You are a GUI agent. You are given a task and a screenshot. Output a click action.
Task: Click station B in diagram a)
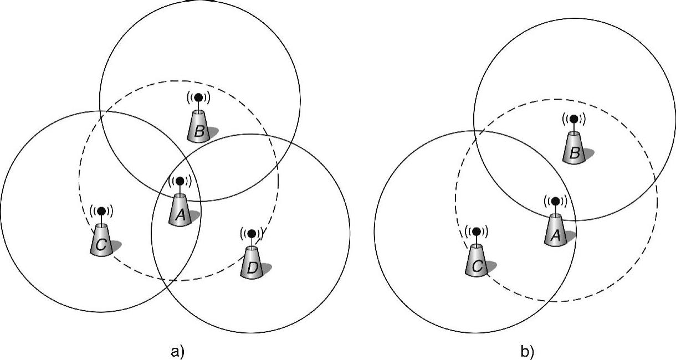pyautogui.click(x=198, y=125)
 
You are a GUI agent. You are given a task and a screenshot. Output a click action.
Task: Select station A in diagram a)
pyautogui.click(x=180, y=210)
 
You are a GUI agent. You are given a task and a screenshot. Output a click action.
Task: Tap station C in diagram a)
pyautogui.click(x=101, y=239)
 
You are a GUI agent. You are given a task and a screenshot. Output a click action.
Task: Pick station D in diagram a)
pyautogui.click(x=252, y=263)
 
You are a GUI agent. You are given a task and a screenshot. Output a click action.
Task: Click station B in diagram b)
pyautogui.click(x=573, y=147)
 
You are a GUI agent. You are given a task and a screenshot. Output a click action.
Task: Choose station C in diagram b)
pyautogui.click(x=475, y=259)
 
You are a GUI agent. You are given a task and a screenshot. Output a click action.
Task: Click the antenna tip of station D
pyautogui.click(x=252, y=234)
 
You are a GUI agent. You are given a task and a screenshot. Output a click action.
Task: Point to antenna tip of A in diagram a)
pyautogui.click(x=180, y=181)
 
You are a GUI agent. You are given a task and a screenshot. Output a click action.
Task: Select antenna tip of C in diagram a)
pyautogui.click(x=101, y=210)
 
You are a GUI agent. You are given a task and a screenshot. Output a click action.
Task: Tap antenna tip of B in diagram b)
pyautogui.click(x=573, y=119)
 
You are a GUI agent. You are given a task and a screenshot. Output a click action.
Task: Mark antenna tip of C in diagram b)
pyautogui.click(x=475, y=230)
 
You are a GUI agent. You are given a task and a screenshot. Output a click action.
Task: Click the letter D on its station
pyautogui.click(x=252, y=269)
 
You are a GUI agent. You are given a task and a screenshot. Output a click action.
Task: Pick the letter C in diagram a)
pyautogui.click(x=101, y=246)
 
